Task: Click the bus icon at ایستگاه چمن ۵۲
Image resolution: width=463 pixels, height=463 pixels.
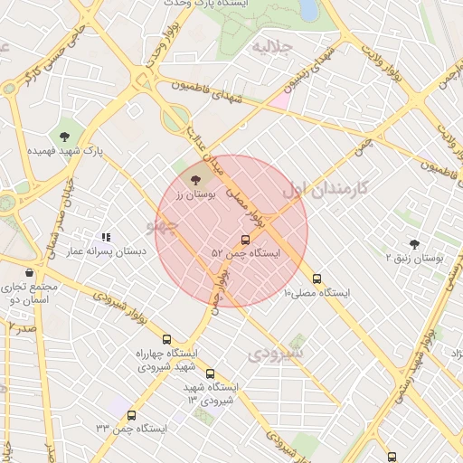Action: (245, 240)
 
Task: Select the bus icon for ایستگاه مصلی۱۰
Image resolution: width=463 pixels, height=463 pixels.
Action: (317, 279)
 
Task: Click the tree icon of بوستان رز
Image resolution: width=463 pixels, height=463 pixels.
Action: (197, 180)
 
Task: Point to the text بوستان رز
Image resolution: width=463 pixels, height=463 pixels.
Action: (197, 194)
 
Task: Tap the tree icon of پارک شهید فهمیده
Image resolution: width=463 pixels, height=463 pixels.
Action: (64, 137)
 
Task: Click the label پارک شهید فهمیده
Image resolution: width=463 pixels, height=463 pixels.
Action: (64, 152)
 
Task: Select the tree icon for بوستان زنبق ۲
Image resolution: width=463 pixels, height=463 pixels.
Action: (414, 244)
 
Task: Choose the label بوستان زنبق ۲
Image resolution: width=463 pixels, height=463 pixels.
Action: (415, 259)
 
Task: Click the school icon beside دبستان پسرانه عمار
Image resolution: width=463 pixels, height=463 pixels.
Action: (107, 237)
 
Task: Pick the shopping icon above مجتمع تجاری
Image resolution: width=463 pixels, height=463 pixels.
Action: (30, 272)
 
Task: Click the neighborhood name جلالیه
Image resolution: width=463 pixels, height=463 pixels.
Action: (271, 45)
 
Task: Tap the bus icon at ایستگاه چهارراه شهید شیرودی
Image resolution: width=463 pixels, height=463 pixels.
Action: (165, 339)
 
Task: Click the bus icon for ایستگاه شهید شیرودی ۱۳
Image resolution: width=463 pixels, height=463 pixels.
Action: (210, 373)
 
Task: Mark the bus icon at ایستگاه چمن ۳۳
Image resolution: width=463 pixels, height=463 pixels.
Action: (132, 416)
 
